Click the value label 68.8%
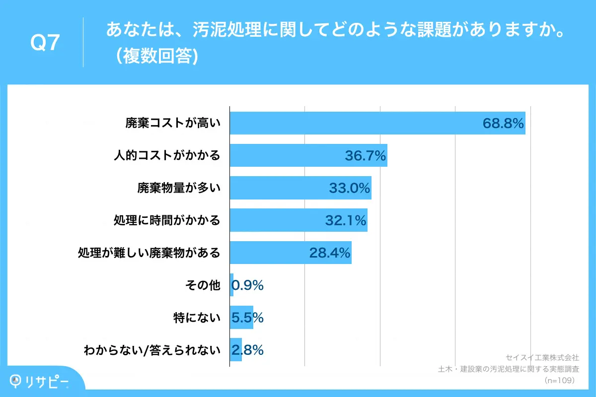503,124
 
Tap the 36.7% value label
366,156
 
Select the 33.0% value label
350,188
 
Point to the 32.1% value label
346,220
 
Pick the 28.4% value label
330,253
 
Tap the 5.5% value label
247,318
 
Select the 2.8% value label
247,350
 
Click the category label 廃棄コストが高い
172,124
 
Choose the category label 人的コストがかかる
166,156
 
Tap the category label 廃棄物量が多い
178,188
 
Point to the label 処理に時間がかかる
166,220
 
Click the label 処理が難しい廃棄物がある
149,253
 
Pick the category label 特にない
196,318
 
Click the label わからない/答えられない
151,350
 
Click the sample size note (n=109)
559,381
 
